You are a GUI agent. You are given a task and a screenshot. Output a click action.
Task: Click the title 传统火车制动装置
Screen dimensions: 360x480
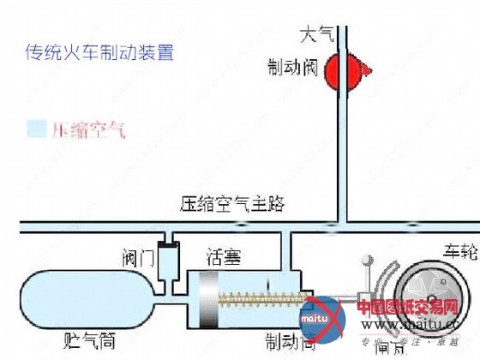point(100,52)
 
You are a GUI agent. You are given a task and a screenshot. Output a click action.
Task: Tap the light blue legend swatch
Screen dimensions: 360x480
point(35,129)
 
